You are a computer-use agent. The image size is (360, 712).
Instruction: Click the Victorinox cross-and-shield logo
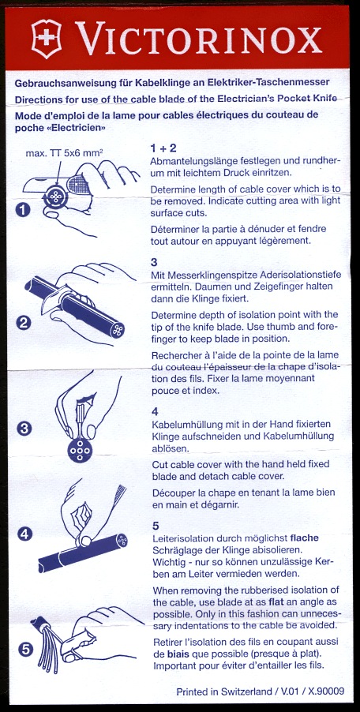(47, 39)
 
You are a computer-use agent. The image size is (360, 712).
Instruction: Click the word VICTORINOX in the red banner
(198, 39)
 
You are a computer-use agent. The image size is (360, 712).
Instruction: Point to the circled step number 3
(23, 429)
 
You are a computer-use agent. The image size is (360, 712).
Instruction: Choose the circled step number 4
(25, 534)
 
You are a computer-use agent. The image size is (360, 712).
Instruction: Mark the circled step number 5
(26, 650)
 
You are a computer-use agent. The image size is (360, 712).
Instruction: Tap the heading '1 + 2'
(163, 148)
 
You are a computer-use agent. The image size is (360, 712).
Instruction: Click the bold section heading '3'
(155, 262)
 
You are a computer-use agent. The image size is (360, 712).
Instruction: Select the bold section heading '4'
(156, 412)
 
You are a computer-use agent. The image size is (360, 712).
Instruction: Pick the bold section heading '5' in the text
(156, 526)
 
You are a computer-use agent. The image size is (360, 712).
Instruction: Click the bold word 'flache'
(305, 538)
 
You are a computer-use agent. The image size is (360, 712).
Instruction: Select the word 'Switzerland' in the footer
(246, 692)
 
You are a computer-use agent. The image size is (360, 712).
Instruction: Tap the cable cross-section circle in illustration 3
(80, 450)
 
